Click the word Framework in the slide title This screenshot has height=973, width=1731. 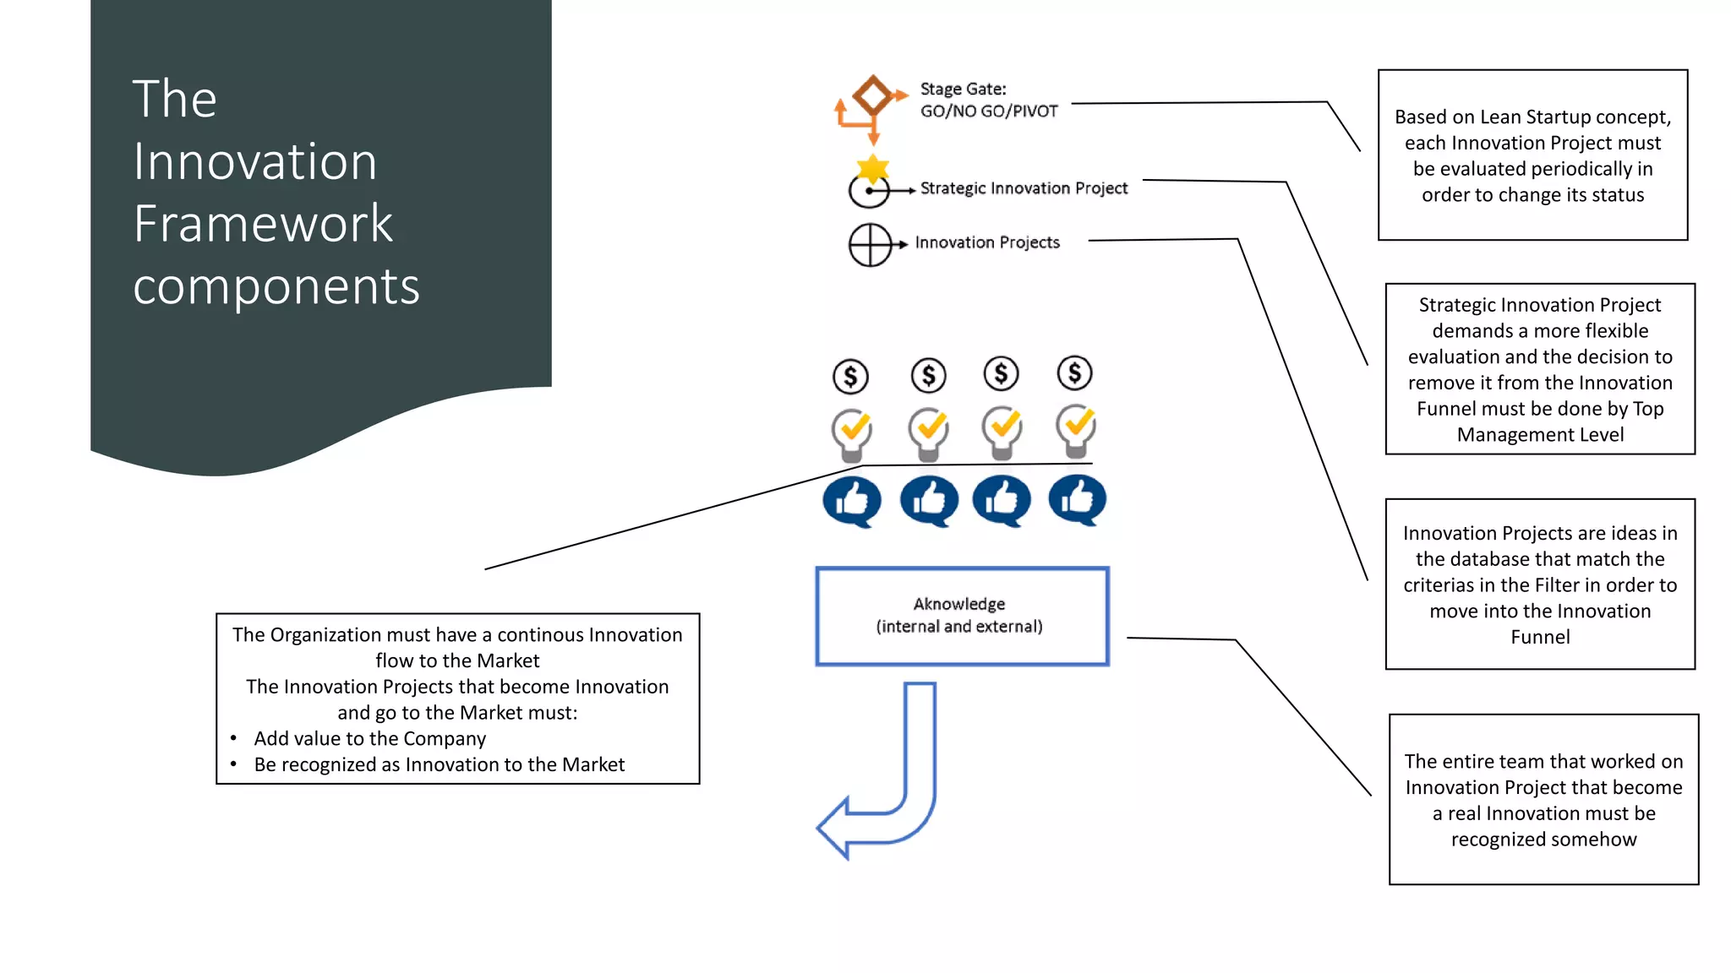point(263,224)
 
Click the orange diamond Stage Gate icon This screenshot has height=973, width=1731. point(872,95)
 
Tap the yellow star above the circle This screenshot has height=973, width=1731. point(872,168)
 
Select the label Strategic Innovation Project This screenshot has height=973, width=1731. point(1023,188)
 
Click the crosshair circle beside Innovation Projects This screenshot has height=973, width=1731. point(870,245)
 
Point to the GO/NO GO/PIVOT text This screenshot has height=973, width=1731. point(988,111)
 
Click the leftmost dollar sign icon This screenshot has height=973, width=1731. point(850,377)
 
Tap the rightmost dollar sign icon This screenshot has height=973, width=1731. point(1074,372)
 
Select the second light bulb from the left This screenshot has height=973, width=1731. point(928,432)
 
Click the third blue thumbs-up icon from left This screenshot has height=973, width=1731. point(1001,500)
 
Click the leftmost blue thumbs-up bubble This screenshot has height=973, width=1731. point(851,501)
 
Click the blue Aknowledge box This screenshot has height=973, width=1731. point(961,616)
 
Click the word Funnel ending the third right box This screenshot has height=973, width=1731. point(1540,638)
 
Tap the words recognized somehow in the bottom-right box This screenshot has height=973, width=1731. point(1543,840)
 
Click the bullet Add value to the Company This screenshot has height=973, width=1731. point(369,739)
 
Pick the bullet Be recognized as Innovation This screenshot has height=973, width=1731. point(439,765)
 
